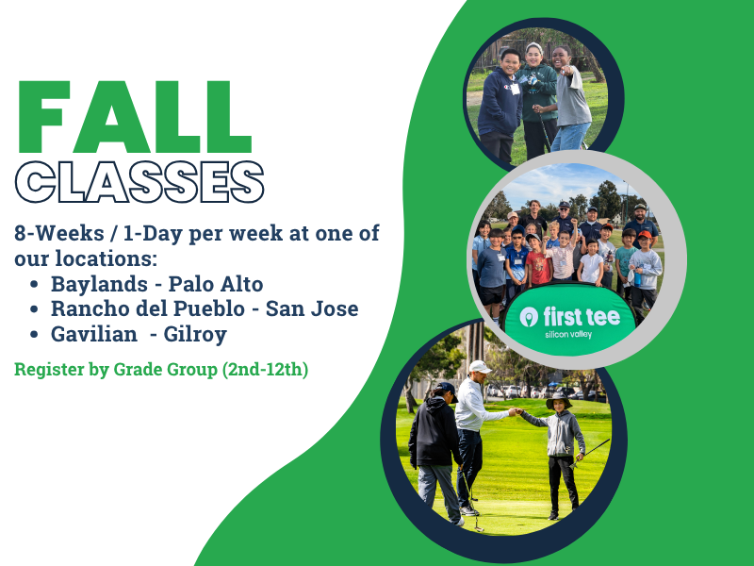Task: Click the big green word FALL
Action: tap(135, 117)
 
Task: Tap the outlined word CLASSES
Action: tap(139, 182)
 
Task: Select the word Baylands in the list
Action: tap(99, 284)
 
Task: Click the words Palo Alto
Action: tap(216, 284)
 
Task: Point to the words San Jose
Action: tap(312, 308)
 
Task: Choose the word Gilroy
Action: tap(195, 335)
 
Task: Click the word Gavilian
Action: tap(94, 334)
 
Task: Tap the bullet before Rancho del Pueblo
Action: tap(34, 309)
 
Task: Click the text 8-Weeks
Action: tap(59, 233)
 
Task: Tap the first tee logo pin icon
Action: tap(529, 316)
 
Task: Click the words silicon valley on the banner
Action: tap(569, 334)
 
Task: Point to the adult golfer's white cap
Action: tap(480, 367)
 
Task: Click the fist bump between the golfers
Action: tap(515, 411)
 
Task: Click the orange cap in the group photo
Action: tap(645, 235)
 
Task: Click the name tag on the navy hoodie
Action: tap(515, 89)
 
